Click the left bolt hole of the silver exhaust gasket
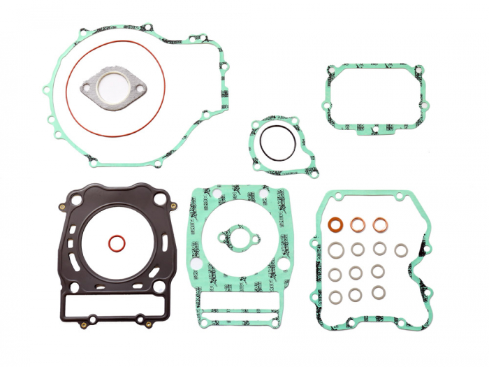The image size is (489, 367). [x=87, y=88]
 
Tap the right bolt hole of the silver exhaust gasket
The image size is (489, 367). [x=140, y=88]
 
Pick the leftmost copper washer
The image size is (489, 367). [x=335, y=225]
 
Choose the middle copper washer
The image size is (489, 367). [x=358, y=225]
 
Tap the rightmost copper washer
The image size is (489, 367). [x=380, y=225]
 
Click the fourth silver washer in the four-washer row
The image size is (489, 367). [x=401, y=250]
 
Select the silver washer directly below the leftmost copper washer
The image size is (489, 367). [x=335, y=249]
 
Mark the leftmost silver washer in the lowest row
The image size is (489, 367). [x=335, y=297]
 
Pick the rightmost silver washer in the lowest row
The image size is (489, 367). [x=379, y=292]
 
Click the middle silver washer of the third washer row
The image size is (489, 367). [x=358, y=272]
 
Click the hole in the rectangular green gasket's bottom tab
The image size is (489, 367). [x=375, y=129]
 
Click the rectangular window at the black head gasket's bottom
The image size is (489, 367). [x=115, y=305]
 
